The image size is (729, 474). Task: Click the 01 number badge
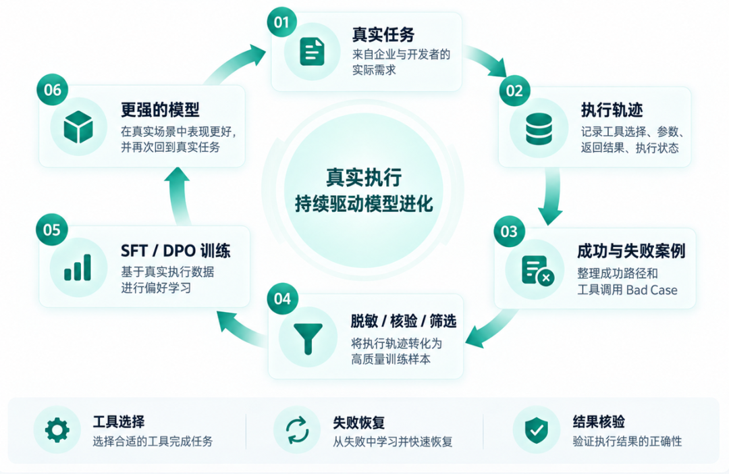click(x=281, y=22)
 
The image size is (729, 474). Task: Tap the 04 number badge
click(x=282, y=298)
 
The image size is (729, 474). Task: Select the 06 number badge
click(x=53, y=89)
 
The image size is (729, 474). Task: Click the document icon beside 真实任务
click(x=312, y=51)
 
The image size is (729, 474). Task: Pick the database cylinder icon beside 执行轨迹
click(x=539, y=128)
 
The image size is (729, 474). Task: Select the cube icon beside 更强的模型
click(x=78, y=126)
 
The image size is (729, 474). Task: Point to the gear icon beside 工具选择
click(x=57, y=429)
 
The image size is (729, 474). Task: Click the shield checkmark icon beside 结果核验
click(x=536, y=430)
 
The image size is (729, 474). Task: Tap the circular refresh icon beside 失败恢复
click(x=297, y=430)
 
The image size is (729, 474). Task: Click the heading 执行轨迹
click(x=612, y=110)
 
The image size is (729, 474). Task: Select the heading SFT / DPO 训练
click(x=175, y=251)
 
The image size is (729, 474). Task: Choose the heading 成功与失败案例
click(x=631, y=251)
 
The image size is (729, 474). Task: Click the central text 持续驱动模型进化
click(x=364, y=203)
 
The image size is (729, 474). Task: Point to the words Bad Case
click(x=652, y=290)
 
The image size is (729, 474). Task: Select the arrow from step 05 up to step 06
click(x=179, y=195)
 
